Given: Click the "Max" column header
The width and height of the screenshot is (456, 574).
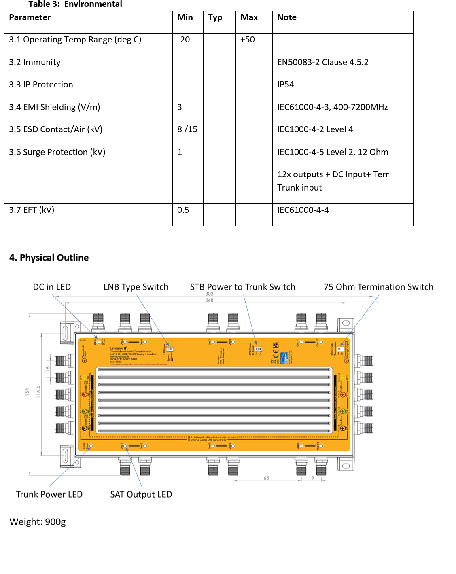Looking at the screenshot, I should tap(249, 17).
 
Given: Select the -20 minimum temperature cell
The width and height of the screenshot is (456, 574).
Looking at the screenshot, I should tap(183, 40).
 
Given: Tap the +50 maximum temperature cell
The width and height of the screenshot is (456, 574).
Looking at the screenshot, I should tap(247, 40).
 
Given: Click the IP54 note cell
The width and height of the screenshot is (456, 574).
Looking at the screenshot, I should tap(285, 85).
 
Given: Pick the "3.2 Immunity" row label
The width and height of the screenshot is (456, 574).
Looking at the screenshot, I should tap(35, 62).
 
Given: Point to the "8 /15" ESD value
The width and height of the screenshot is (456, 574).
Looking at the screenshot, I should tap(187, 129).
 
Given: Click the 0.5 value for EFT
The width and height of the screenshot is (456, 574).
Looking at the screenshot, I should tap(183, 210).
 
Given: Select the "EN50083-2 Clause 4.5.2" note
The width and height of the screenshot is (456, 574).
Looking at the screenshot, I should tap(322, 62).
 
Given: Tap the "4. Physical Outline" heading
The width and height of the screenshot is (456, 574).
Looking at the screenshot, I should tap(49, 258).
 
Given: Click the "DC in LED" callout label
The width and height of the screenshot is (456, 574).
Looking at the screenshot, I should tap(52, 287).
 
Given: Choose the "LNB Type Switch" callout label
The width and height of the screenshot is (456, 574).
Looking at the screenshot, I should tap(136, 287).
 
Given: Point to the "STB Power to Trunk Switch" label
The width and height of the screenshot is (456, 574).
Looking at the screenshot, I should tap(242, 287).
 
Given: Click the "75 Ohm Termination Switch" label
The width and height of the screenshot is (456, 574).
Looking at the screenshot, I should tap(378, 287).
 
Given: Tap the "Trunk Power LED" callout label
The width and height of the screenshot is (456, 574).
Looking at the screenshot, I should tap(49, 494).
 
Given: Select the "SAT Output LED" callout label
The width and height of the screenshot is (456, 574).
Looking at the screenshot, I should tap(141, 494).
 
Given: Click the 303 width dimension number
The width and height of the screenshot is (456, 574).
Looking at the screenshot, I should tap(209, 294).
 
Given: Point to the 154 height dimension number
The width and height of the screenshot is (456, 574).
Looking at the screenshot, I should tap(27, 392).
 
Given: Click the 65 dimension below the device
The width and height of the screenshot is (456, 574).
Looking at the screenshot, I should tap(266, 478).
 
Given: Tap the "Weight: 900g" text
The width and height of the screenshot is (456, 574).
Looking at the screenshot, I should tap(38, 522).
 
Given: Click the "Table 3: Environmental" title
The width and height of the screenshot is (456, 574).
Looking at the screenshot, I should tap(75, 4).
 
